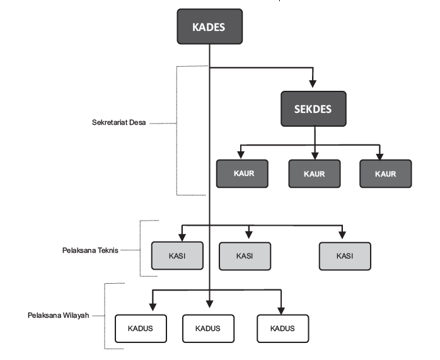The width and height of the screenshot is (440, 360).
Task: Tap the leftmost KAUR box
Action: click(x=243, y=173)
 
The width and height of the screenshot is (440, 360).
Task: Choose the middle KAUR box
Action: click(x=314, y=173)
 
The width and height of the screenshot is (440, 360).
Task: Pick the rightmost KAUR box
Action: click(x=385, y=173)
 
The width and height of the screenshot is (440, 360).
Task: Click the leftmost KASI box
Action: click(x=178, y=255)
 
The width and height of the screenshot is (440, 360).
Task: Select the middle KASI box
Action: click(x=245, y=255)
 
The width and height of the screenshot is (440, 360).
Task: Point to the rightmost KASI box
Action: click(x=345, y=255)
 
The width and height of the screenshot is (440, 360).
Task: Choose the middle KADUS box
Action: click(x=208, y=328)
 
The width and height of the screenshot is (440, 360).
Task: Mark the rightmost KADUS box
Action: click(x=283, y=328)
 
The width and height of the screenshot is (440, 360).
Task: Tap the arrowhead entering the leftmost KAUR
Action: click(x=240, y=154)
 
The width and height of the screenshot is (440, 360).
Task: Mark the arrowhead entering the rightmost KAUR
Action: click(x=381, y=154)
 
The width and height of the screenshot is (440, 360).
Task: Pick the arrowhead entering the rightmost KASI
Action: click(x=343, y=236)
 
